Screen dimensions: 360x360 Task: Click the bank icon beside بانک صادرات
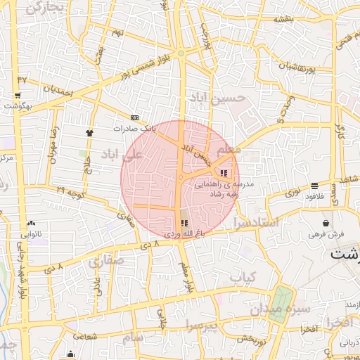point(134,117)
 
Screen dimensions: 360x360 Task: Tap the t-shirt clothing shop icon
point(89,132)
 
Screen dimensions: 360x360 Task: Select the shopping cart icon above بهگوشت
point(18,95)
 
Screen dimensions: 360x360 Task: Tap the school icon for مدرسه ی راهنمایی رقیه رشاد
point(224,173)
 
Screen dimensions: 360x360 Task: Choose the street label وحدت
point(284,110)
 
